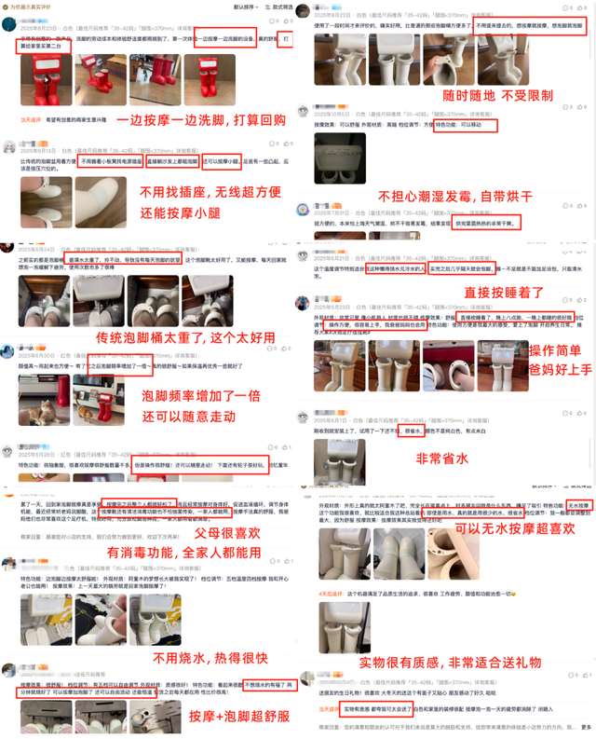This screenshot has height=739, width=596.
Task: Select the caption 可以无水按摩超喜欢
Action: point(497,529)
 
